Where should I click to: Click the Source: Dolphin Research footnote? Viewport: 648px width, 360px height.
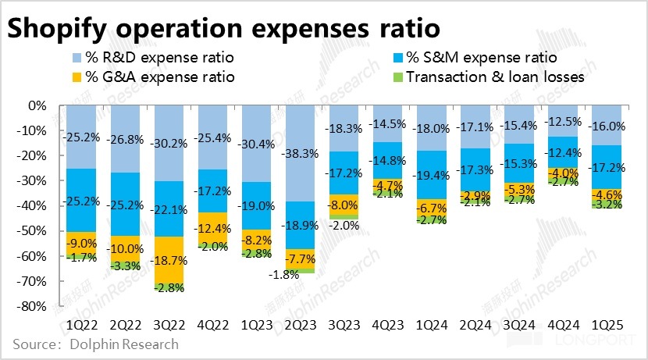click(x=95, y=344)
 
